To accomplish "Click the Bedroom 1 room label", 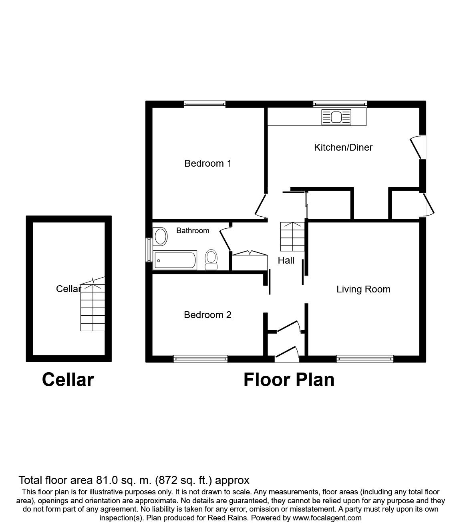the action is coord(208,163).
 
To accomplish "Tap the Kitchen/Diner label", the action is coord(343,147).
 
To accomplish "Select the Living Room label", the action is coord(363,289).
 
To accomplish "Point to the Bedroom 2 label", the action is coord(207,315).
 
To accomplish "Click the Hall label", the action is coord(286,260).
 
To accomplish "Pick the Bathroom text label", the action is coord(193,230).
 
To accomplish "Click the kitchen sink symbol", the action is coord(336,117).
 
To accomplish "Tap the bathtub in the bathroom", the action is coord(175,260).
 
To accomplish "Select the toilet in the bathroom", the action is coord(211,260).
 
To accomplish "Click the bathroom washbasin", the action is coord(160,236).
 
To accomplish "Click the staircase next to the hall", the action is coord(292,236).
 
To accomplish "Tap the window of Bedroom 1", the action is coord(205,104).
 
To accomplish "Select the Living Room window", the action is coord(365,359).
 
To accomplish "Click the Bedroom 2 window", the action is coord(201,359).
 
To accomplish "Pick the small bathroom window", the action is coord(149,250).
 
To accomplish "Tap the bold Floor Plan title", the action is coord(289,380).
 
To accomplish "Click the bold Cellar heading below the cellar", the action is coord(68,380).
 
